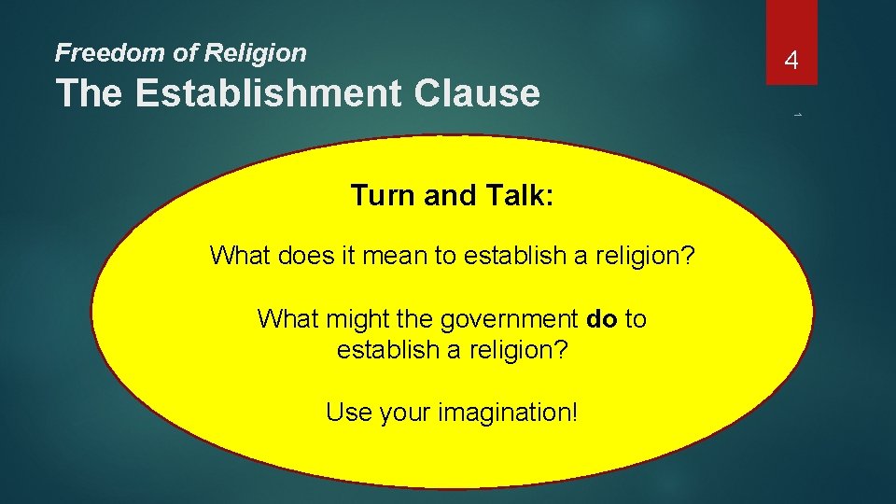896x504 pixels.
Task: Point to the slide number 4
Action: click(x=791, y=62)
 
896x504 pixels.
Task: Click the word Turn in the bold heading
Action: click(x=381, y=195)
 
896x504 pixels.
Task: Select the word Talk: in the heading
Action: click(x=524, y=195)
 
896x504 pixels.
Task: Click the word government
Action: click(x=510, y=319)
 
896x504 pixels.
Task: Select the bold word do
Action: click(x=603, y=319)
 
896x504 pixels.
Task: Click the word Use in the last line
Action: click(x=347, y=412)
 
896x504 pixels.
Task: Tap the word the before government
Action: click(x=413, y=319)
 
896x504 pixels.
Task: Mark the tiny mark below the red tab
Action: click(x=799, y=116)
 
